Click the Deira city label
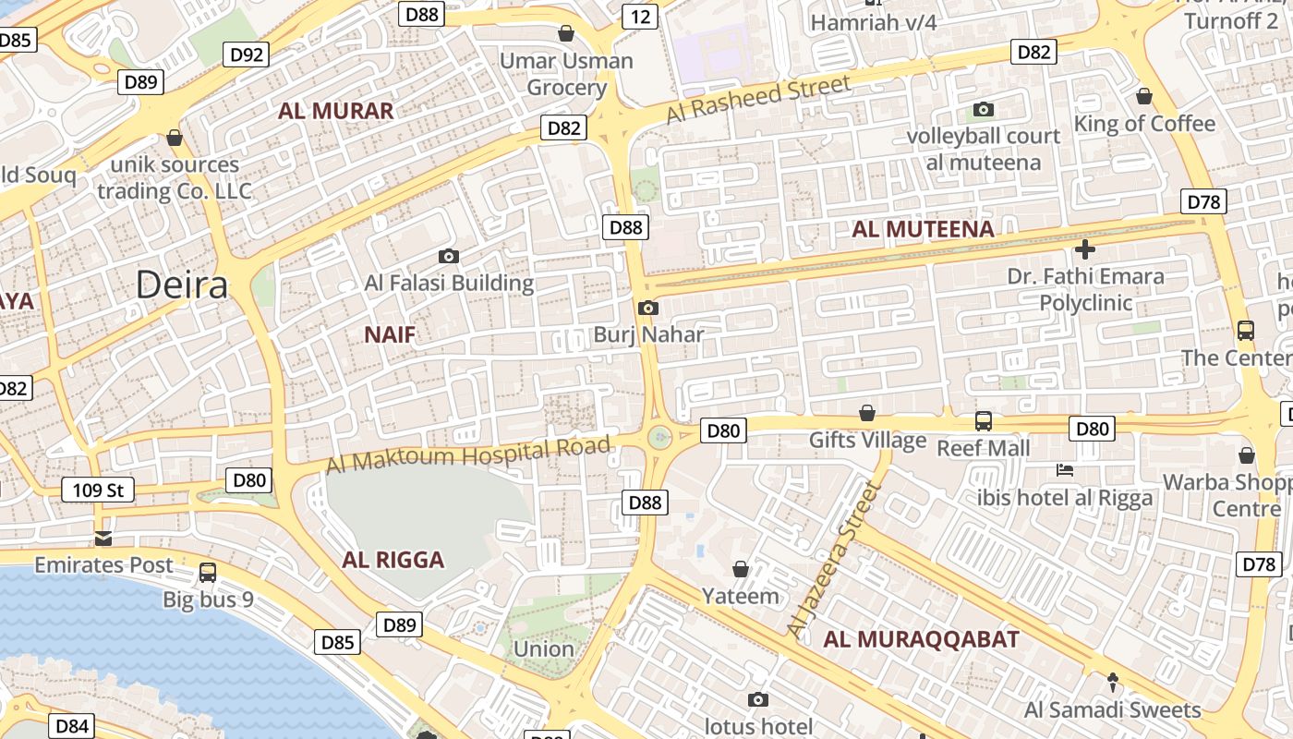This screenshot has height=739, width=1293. (182, 285)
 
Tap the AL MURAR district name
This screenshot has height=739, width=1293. (336, 112)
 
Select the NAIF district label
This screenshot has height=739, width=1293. (390, 334)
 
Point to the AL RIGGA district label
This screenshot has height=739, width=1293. (393, 560)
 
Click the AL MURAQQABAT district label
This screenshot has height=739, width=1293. (922, 639)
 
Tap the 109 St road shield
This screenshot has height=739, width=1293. (98, 490)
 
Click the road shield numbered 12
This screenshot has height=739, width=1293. (639, 17)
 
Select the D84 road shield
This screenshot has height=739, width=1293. (71, 726)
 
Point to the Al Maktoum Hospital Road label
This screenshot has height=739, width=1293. (468, 455)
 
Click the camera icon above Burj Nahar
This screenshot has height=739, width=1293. (648, 308)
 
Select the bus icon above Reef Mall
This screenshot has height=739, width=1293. (984, 421)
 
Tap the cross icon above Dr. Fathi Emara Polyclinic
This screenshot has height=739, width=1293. (1085, 248)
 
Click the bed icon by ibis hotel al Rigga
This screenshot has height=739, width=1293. (1065, 470)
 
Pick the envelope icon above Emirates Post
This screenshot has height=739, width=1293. (103, 539)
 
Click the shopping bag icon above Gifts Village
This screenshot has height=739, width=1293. (867, 412)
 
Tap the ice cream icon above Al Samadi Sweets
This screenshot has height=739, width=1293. (1113, 683)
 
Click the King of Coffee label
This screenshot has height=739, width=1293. (1144, 124)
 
